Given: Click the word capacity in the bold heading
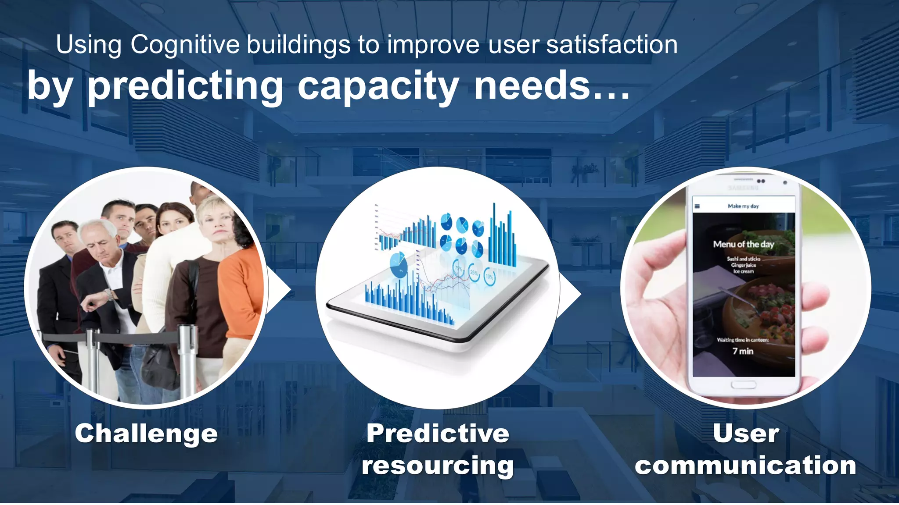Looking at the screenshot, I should pyautogui.click(x=378, y=86).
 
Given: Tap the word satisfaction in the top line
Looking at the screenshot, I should pyautogui.click(x=612, y=45).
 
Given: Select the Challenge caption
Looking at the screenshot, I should pyautogui.click(x=146, y=434).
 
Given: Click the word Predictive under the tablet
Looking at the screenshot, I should pyautogui.click(x=438, y=434).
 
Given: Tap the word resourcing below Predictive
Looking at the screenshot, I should pyautogui.click(x=438, y=466).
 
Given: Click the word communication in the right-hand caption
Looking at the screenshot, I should pyautogui.click(x=745, y=466).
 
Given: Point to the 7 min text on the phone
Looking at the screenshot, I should pyautogui.click(x=743, y=351).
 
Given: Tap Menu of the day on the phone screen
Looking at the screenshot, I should pyautogui.click(x=743, y=244).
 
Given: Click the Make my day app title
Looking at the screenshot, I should pyautogui.click(x=743, y=206).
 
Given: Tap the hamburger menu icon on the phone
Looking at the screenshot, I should pyautogui.click(x=697, y=206).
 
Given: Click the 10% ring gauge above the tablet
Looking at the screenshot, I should pyautogui.click(x=489, y=277).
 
